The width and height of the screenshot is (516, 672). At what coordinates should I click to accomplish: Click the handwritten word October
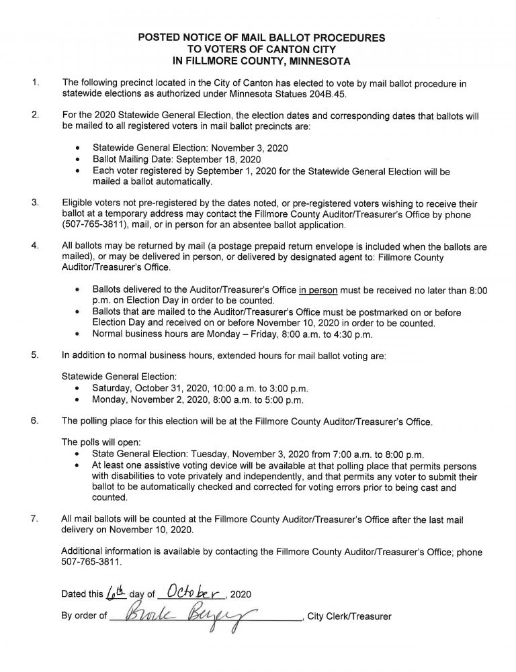(x=192, y=593)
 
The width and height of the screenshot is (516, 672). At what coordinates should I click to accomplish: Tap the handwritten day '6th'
(x=116, y=593)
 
